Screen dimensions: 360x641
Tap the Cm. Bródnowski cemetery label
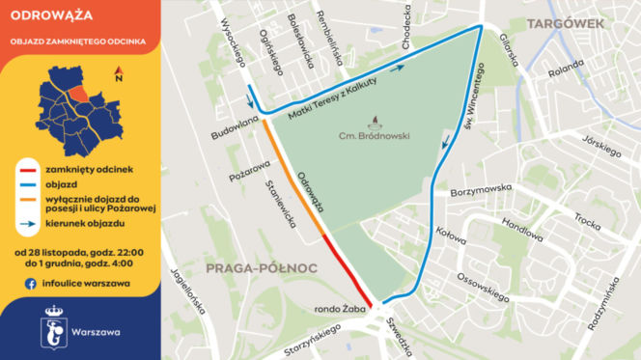375,136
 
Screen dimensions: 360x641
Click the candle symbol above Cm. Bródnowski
375,122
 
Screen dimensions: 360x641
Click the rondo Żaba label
336,310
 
